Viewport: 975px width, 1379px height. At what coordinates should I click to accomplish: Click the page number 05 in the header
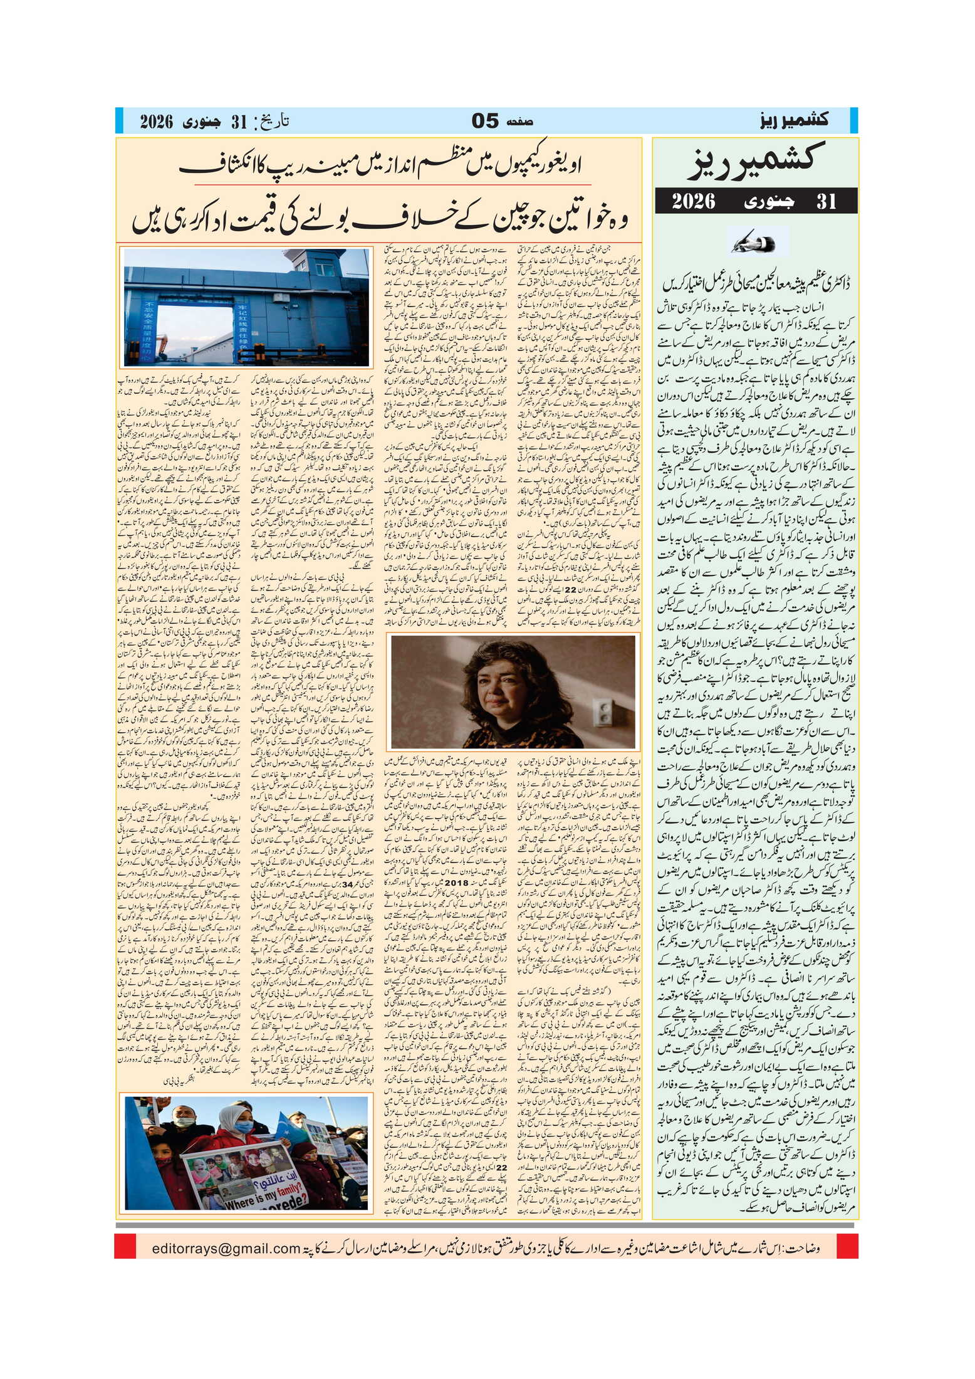pos(484,120)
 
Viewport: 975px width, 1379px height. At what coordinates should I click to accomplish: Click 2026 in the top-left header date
pos(156,122)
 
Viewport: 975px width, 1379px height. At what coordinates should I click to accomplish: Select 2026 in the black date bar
pos(694,201)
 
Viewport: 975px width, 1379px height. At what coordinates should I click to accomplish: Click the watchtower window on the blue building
pos(325,270)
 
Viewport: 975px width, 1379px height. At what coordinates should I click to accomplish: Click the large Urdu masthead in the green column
pos(754,160)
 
